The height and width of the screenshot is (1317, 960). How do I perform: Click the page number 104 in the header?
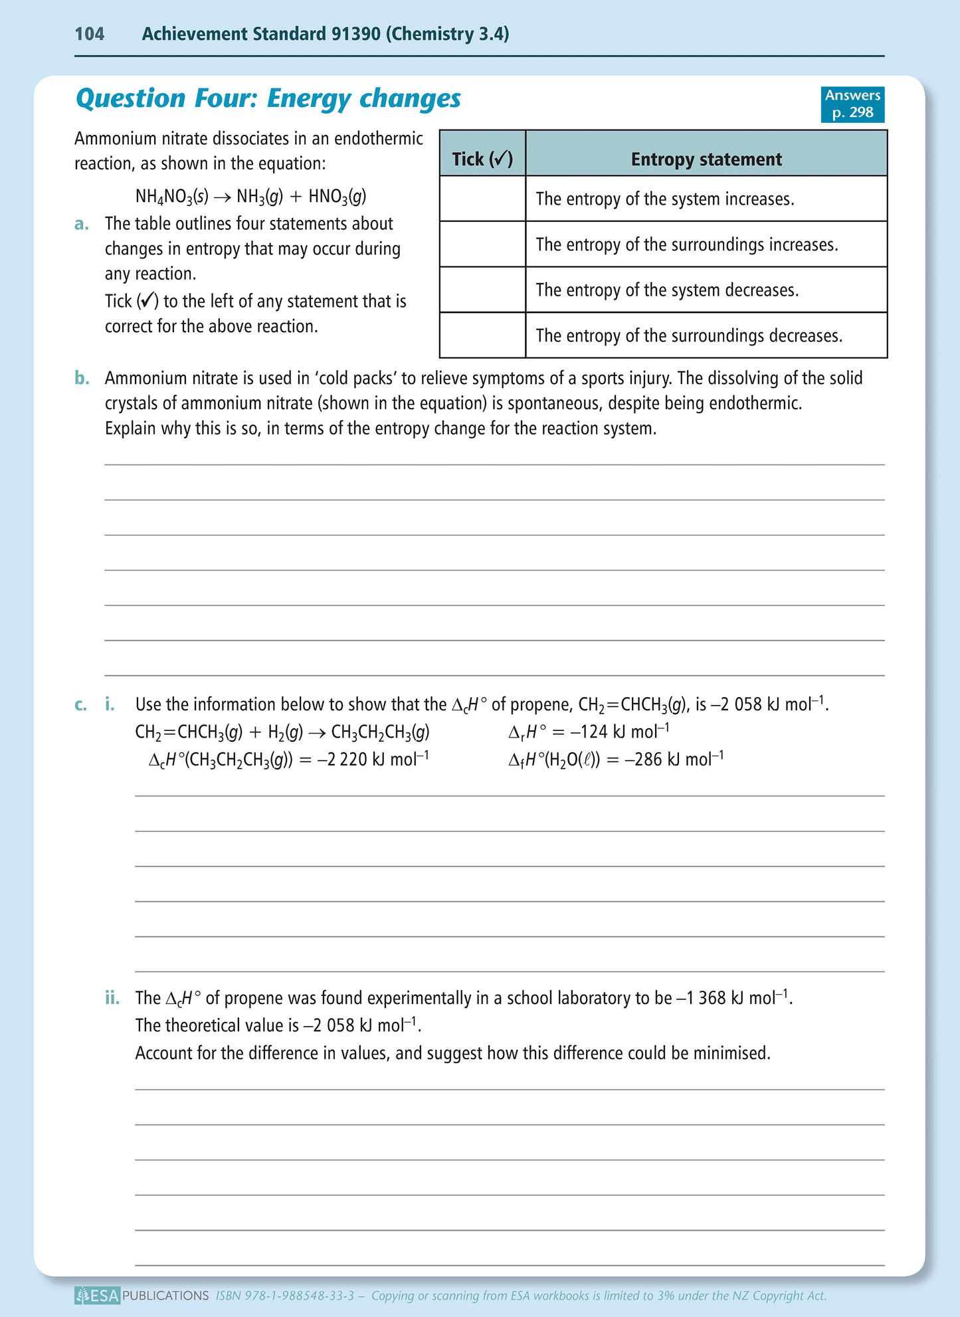point(90,34)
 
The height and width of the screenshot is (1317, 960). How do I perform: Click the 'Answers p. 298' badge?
point(852,104)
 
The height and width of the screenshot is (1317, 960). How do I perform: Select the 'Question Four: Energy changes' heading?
point(268,98)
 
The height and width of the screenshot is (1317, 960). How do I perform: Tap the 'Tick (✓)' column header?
point(482,159)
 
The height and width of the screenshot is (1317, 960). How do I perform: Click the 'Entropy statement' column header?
point(706,159)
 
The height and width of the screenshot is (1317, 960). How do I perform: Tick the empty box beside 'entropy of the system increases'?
point(482,199)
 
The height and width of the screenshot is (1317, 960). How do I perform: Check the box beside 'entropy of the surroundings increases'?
point(482,245)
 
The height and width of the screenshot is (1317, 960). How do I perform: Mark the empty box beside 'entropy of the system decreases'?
point(482,290)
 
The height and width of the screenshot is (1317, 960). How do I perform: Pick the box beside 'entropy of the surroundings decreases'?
point(482,336)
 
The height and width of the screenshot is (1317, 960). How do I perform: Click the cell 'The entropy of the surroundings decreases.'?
point(689,336)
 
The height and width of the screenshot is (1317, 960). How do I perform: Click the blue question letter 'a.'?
point(82,224)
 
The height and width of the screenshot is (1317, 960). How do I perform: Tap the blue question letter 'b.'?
point(82,379)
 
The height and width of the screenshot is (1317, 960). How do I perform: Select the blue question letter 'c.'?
point(81,704)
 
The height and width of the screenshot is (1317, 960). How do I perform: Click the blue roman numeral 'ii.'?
point(112,998)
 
